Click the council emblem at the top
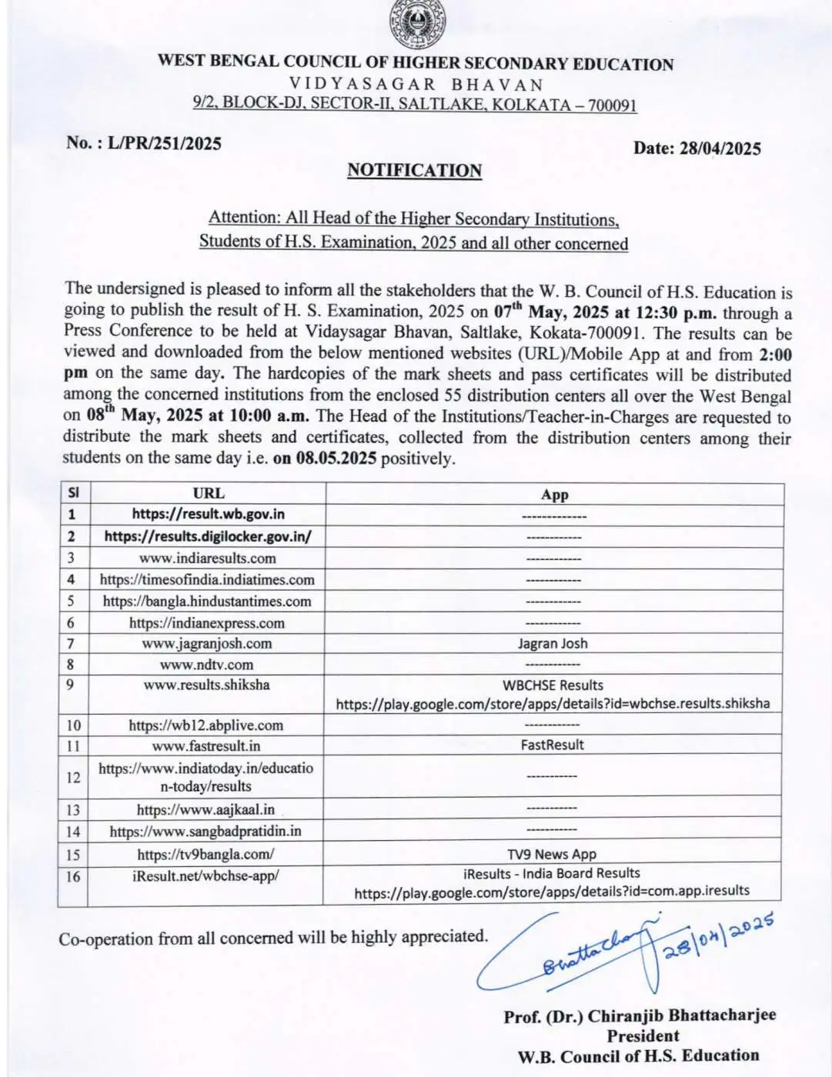[417, 25]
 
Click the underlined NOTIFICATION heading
[414, 171]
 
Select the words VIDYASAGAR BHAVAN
[416, 85]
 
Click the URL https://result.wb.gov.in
[208, 514]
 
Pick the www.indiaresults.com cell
[208, 558]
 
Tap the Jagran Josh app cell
[553, 643]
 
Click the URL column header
[208, 493]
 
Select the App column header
[554, 495]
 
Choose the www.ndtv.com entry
[206, 664]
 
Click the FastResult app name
[552, 745]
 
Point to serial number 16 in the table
[72, 876]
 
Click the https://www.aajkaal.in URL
[205, 809]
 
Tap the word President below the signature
[643, 1035]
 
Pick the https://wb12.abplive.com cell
[205, 725]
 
